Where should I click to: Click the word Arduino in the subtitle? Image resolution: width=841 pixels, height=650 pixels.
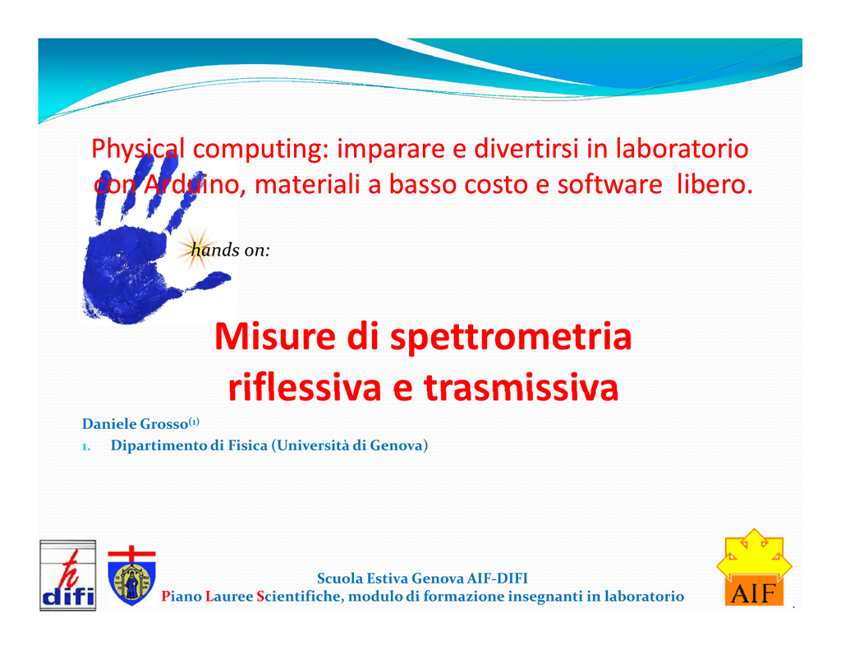tap(191, 184)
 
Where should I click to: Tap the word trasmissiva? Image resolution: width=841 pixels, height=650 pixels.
tap(521, 387)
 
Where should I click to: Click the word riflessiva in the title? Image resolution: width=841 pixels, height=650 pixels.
tap(304, 387)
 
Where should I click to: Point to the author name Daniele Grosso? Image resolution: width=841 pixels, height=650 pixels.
tap(136, 424)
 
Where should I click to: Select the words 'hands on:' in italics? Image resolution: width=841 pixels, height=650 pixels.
tap(231, 250)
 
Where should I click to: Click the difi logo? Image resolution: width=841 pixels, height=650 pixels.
tap(67, 575)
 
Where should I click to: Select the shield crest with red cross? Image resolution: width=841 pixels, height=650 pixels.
tap(131, 576)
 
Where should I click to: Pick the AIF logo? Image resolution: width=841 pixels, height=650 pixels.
tap(754, 568)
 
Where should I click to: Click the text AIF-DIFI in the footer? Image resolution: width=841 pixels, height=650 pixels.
tap(497, 578)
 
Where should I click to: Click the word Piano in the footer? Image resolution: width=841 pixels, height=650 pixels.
tap(182, 597)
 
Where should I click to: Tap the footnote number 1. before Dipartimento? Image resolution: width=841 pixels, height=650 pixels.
tap(85, 446)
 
